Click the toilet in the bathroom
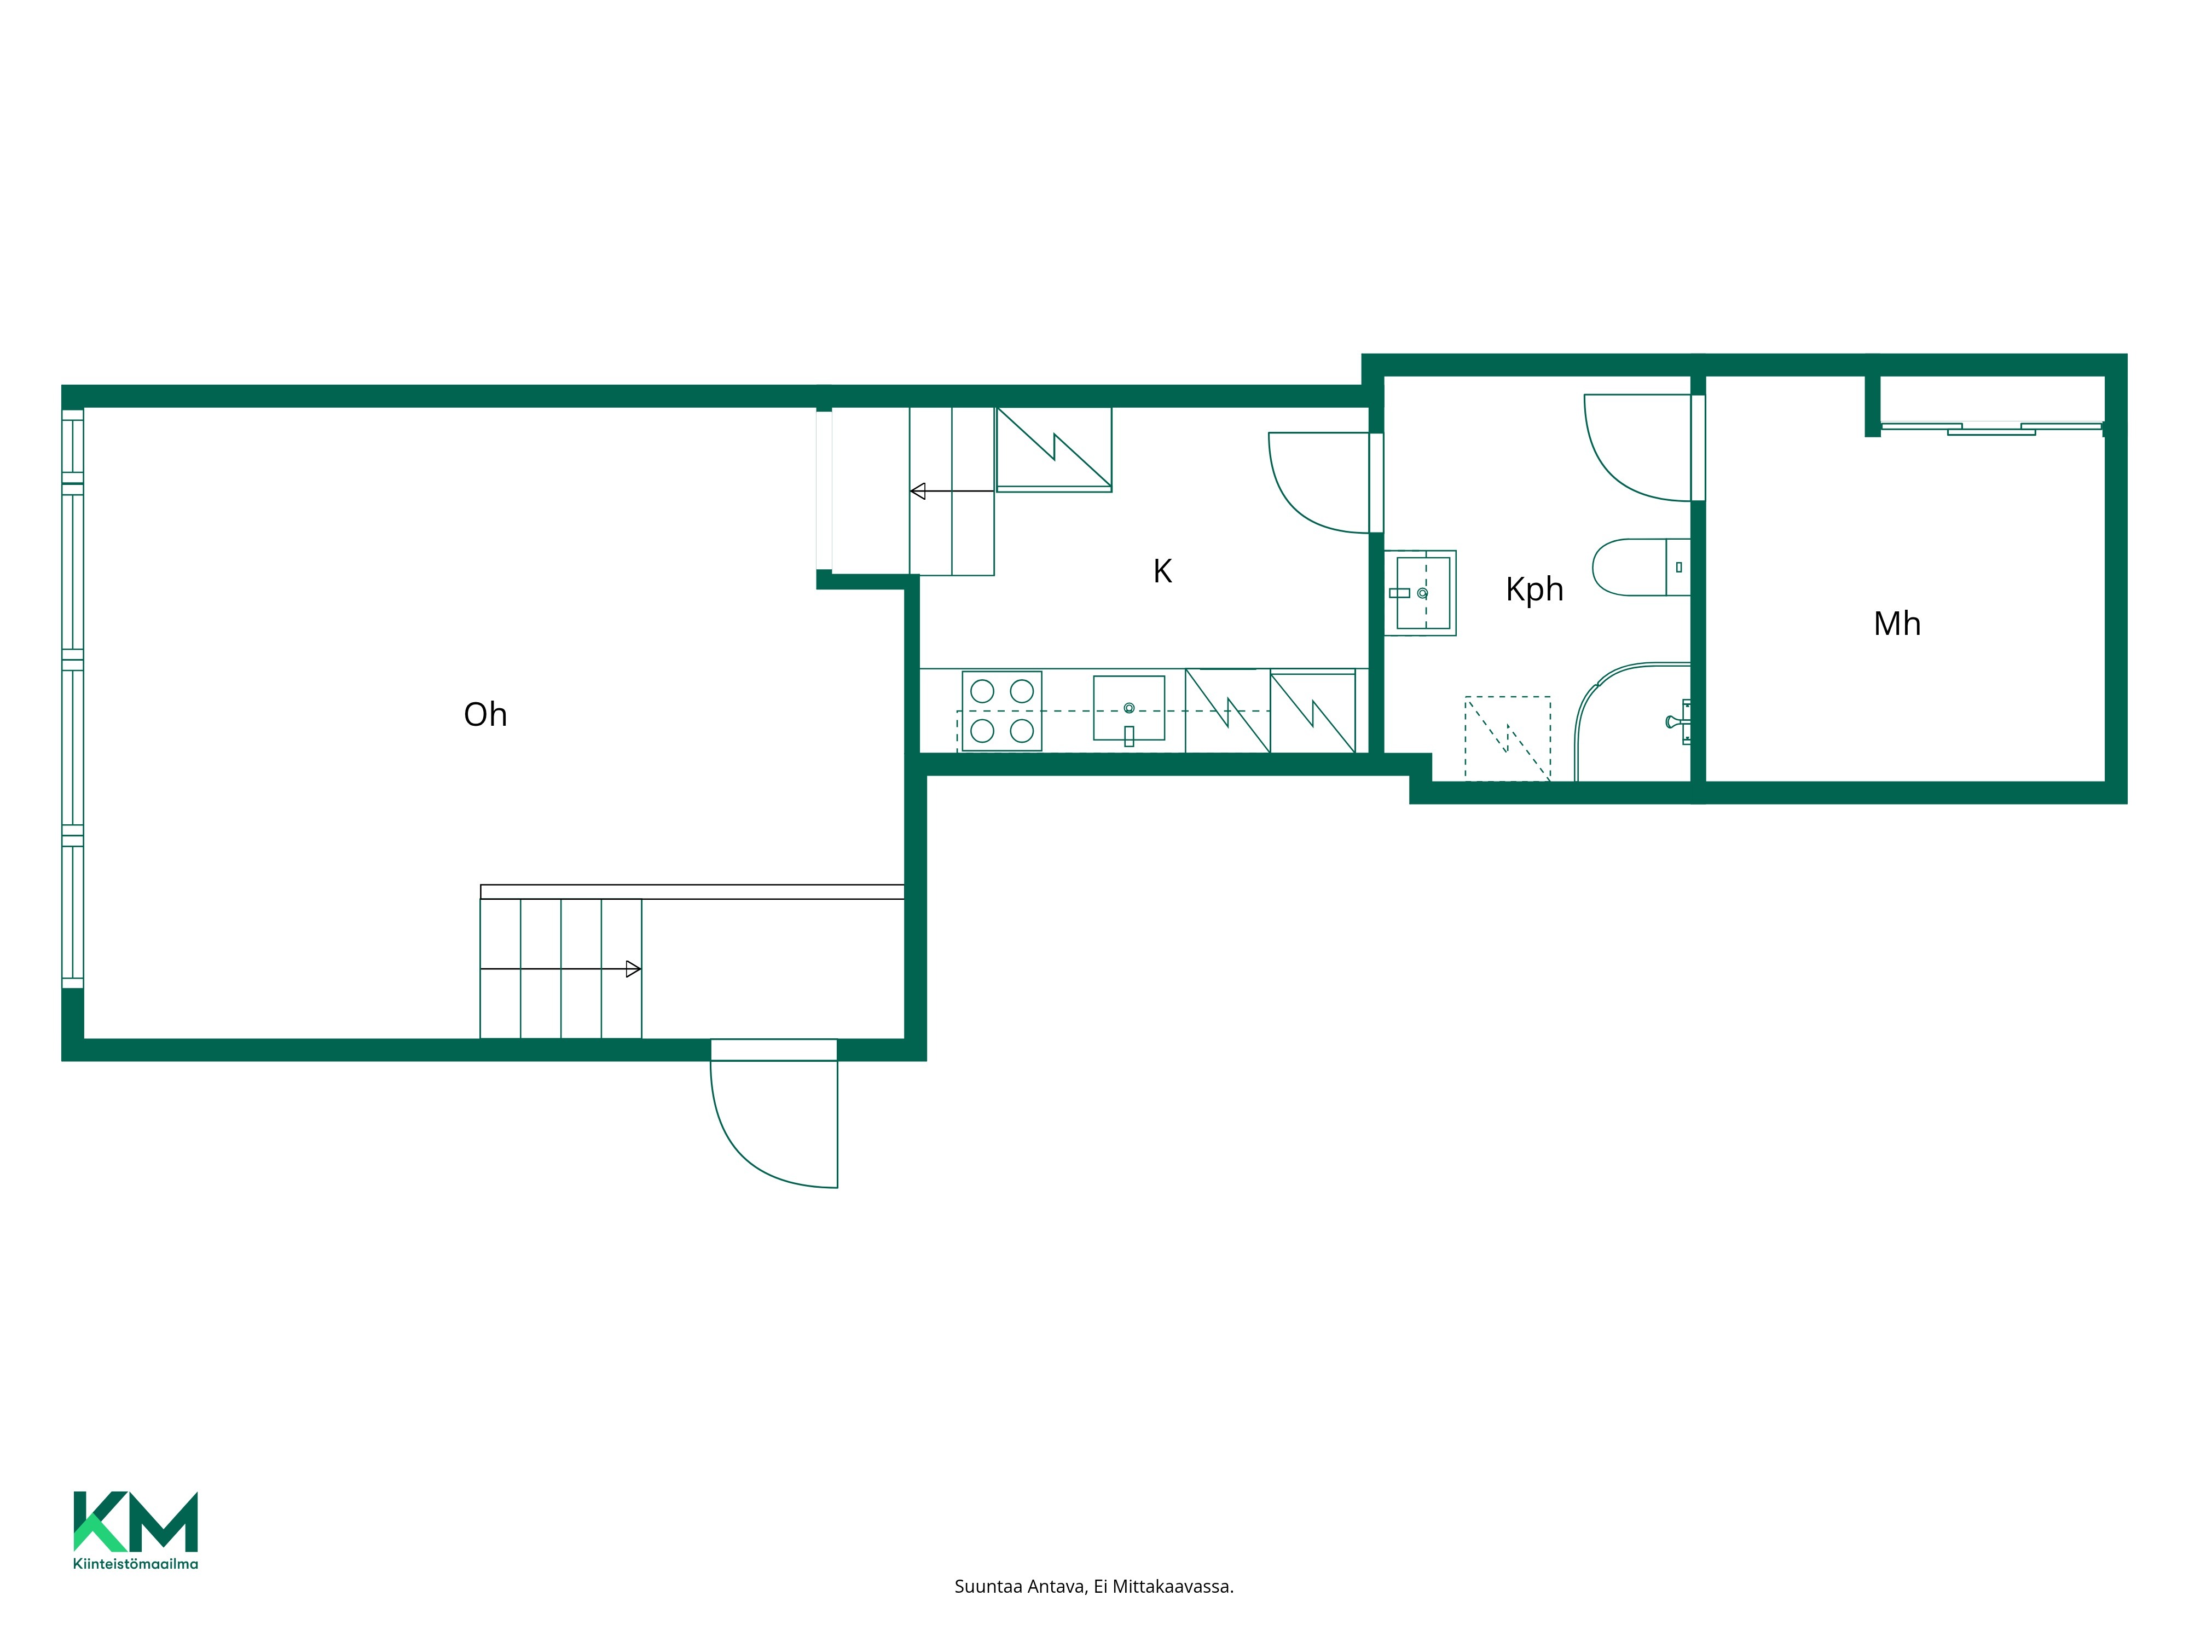tap(1641, 567)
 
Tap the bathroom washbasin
tap(1420, 593)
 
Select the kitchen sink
tap(1129, 709)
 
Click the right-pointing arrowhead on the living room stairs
tap(633, 969)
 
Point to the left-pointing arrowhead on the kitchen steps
tap(917, 491)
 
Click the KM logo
tap(136, 1521)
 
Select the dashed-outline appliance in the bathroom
tap(1507, 738)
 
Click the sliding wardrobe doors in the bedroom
tap(1991, 429)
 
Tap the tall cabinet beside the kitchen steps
tap(1054, 449)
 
